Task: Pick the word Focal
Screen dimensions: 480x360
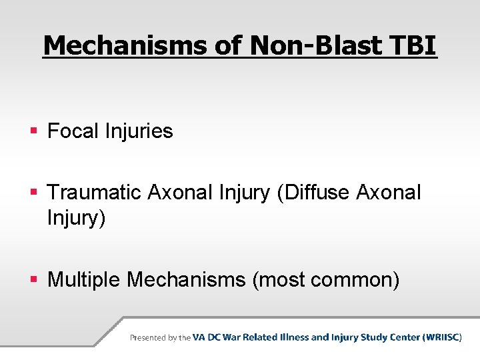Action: [x=73, y=131]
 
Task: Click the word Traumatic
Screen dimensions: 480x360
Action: [x=95, y=193]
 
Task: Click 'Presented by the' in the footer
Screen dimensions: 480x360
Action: [x=160, y=338]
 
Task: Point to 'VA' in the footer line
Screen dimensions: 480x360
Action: [x=199, y=337]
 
